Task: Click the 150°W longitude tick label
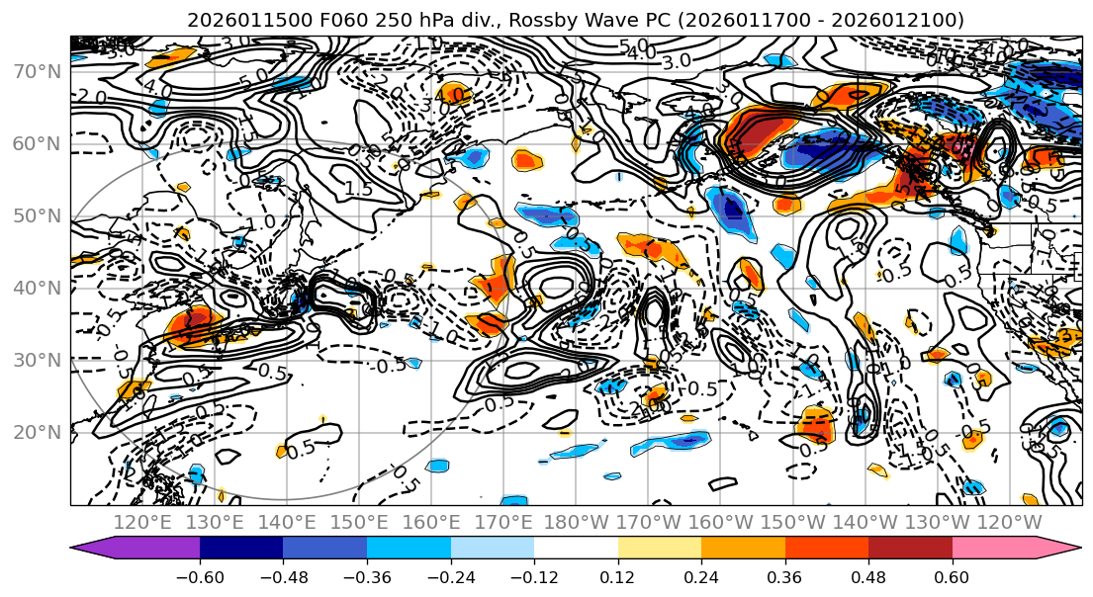[792, 522]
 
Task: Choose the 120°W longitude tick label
[1009, 522]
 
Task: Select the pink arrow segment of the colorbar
[1009, 549]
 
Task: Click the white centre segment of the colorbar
[576, 549]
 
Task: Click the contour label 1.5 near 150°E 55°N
[358, 188]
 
